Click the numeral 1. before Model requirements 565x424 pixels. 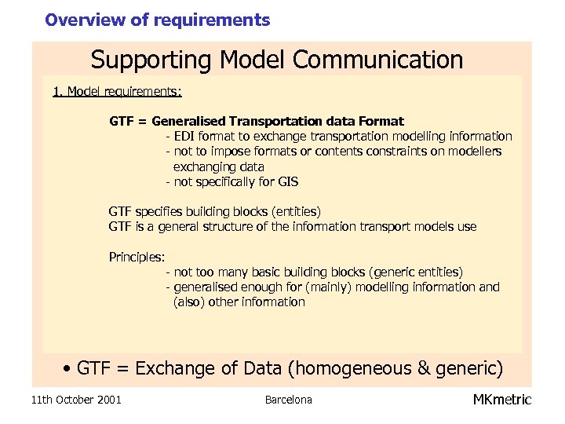point(57,92)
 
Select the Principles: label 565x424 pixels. point(137,257)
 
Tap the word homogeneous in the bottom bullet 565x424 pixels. point(358,368)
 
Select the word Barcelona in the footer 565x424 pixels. point(288,400)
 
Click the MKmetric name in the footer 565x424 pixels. point(502,400)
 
